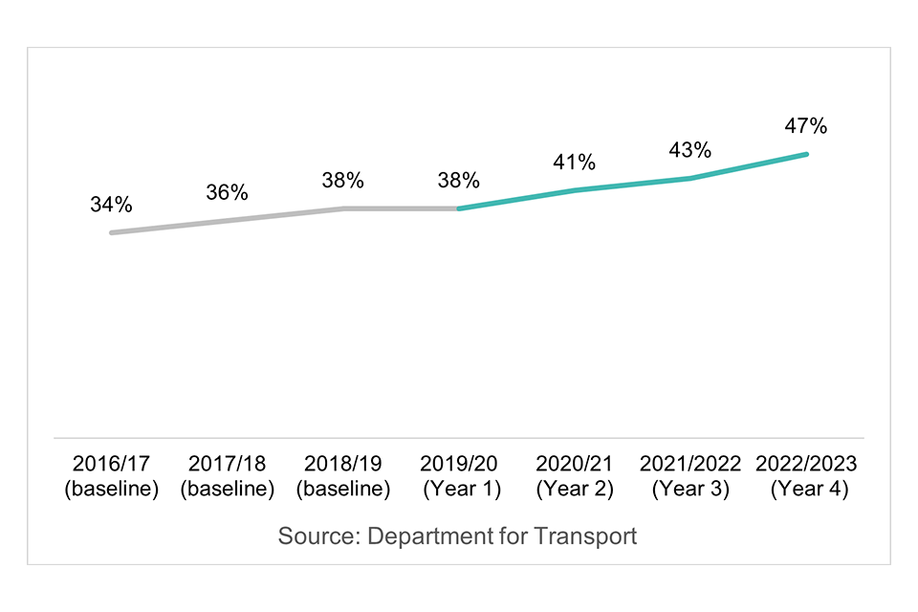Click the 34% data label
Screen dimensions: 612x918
[x=111, y=205]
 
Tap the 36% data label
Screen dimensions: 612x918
[x=227, y=192]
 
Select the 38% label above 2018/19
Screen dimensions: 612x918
[x=342, y=180]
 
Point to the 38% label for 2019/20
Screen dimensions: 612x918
[x=458, y=180]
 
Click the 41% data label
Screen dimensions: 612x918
[x=574, y=163]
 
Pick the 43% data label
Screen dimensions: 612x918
[x=689, y=150]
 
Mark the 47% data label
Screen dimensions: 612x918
[x=805, y=126]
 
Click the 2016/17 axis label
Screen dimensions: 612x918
[x=111, y=464]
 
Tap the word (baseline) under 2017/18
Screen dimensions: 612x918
[x=227, y=489]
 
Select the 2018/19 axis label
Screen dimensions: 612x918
[x=342, y=464]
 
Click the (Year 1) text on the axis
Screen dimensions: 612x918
[x=459, y=489]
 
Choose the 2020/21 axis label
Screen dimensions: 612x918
[x=574, y=464]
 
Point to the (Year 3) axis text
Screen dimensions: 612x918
[x=690, y=489]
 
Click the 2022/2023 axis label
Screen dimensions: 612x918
[x=806, y=464]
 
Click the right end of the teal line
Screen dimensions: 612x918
[x=807, y=154]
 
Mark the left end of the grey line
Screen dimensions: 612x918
[x=111, y=232]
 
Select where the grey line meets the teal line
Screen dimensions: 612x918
[x=459, y=208]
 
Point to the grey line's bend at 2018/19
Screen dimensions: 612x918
[x=343, y=208]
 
